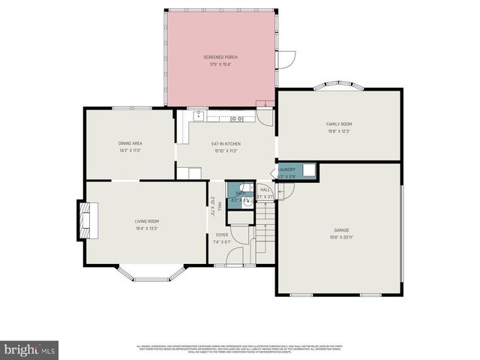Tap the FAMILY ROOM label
338,124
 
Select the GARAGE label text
341,229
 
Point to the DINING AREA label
130,143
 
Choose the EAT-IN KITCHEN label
224,143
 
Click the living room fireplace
83,220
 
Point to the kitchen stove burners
236,118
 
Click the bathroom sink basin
248,201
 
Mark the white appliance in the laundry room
308,169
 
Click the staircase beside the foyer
265,232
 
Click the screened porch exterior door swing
286,59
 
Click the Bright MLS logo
30,350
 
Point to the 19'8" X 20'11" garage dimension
341,236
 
